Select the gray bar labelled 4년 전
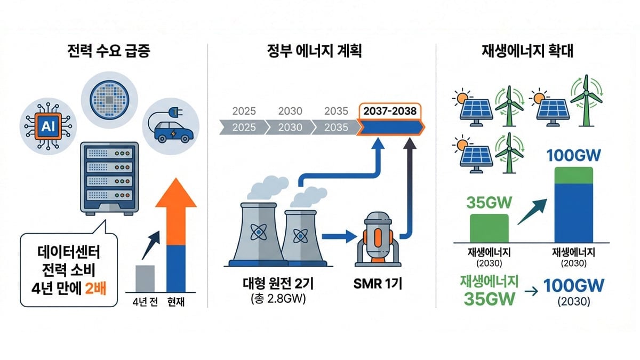click(144, 278)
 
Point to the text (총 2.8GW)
click(277, 299)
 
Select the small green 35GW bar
click(489, 228)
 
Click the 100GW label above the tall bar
click(573, 156)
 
